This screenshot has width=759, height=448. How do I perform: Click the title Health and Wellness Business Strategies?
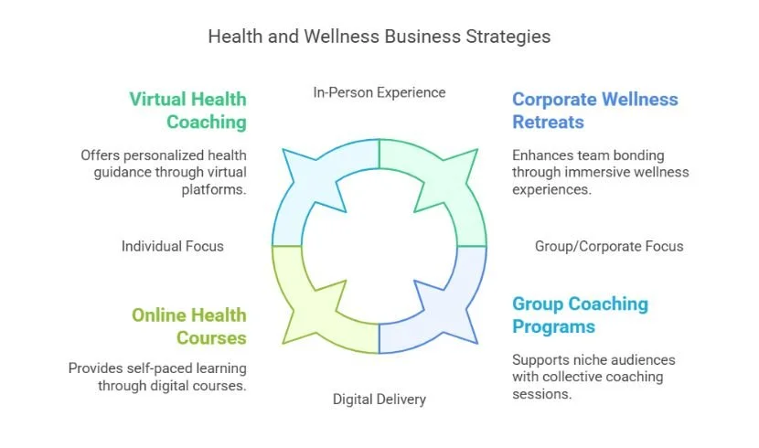[379, 37]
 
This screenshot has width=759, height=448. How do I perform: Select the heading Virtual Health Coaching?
[187, 110]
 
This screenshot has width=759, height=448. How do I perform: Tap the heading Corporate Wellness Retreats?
[594, 110]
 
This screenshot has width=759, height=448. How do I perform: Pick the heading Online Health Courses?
[188, 325]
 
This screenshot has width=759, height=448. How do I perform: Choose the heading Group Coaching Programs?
[580, 315]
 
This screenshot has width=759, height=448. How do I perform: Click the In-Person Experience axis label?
[379, 92]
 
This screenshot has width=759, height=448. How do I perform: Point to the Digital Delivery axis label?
[379, 399]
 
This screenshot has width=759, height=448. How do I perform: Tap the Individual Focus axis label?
[172, 246]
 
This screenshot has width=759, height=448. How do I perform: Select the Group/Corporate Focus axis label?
[608, 246]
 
